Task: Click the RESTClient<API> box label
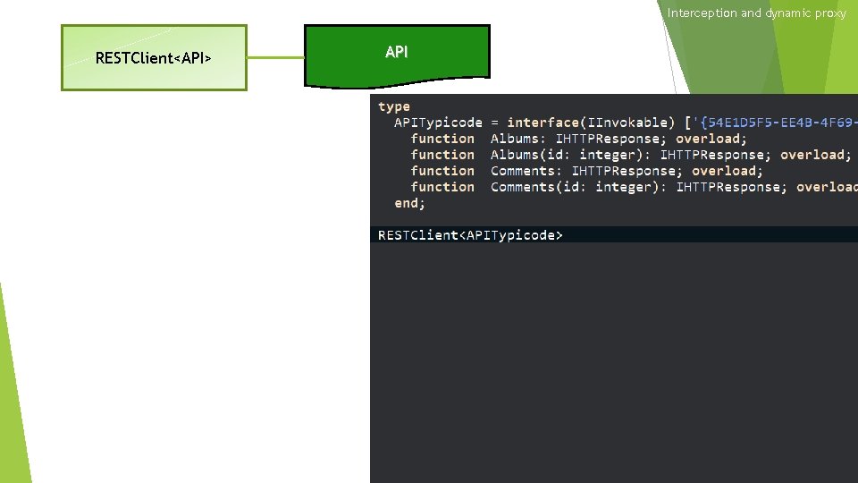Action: (153, 59)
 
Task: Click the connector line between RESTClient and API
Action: (275, 58)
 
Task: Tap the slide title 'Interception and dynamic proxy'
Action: (756, 13)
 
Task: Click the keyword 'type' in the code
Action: (394, 106)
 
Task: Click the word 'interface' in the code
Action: (544, 123)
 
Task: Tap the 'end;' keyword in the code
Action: (410, 203)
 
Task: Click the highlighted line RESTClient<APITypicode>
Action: (470, 235)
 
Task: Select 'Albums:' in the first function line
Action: (518, 139)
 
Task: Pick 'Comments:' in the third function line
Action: (526, 171)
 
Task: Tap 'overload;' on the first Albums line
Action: (711, 139)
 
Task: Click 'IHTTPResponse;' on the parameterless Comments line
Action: (627, 171)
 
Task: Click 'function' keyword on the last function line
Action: (442, 187)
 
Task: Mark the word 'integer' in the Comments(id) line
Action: (627, 187)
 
